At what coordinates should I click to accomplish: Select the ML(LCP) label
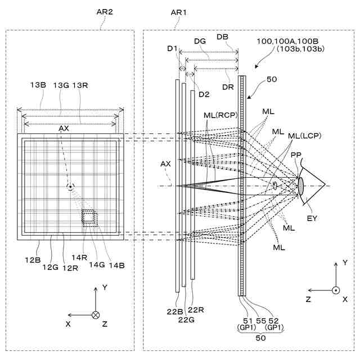point(303,137)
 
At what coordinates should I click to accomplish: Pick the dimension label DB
point(222,37)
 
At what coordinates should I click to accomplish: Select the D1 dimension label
point(173,48)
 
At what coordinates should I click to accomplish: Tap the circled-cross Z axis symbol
point(96,315)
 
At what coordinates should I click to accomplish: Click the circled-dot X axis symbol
point(336,290)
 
